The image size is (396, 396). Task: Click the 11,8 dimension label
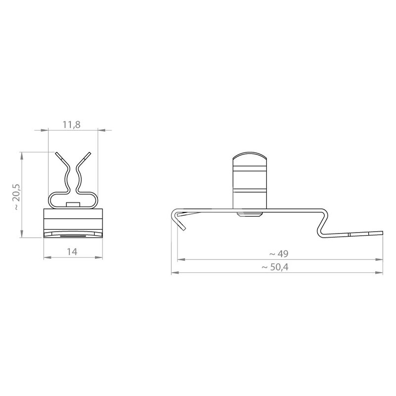click(71, 125)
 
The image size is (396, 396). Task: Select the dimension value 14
click(72, 252)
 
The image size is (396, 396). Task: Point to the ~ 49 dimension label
click(279, 254)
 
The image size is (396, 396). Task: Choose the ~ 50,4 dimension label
click(275, 267)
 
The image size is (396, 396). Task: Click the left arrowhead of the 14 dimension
click(48, 257)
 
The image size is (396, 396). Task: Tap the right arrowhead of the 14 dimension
click(99, 257)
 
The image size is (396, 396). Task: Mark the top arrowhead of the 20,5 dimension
click(22, 156)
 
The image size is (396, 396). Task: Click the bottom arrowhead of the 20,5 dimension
click(22, 234)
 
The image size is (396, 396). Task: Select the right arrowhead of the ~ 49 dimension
click(379, 259)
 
